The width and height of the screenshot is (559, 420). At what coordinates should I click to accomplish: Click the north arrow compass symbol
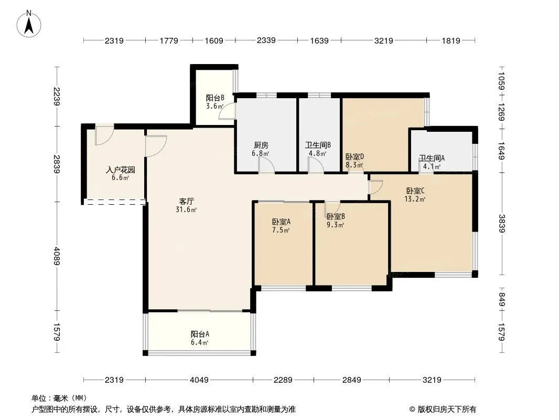29,24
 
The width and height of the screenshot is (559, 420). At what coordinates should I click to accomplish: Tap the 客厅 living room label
187,201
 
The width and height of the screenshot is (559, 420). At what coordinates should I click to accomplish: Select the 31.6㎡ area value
186,210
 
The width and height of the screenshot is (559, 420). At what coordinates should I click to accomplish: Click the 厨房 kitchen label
261,145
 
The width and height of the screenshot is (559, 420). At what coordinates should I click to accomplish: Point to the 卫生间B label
318,145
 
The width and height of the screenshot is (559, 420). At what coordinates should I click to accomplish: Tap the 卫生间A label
432,158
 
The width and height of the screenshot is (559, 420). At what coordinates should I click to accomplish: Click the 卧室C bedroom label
415,191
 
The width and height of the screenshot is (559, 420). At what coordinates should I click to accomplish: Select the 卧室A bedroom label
281,222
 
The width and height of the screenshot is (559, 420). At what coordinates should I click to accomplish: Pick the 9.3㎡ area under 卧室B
335,225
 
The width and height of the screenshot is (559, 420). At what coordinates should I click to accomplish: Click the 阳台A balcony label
200,334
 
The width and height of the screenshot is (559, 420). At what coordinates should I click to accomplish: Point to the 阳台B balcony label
215,98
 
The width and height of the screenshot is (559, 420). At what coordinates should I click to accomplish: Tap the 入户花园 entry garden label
121,170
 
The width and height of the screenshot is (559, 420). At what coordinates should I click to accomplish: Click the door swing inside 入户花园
104,135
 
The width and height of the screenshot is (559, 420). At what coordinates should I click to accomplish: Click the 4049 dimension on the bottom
199,380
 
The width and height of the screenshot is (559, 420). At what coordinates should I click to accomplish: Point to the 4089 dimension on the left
57,256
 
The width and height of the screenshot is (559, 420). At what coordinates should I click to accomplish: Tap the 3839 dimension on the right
502,223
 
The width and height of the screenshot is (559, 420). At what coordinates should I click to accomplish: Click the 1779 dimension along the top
169,40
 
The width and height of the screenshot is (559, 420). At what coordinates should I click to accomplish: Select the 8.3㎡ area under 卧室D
354,165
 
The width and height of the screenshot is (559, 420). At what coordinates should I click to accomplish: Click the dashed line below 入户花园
115,202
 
